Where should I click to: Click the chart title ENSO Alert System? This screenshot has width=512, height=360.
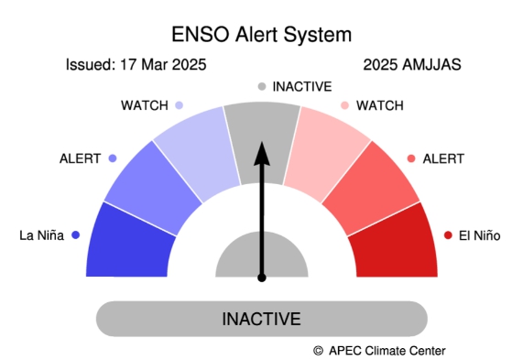click(x=261, y=35)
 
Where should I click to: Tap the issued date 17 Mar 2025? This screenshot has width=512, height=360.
click(x=136, y=65)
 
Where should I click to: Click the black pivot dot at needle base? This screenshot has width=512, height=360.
click(x=262, y=277)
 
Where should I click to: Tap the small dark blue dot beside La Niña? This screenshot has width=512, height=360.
click(x=75, y=235)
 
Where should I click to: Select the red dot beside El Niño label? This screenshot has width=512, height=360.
click(x=448, y=235)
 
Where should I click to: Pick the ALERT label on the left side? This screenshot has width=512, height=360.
click(x=81, y=158)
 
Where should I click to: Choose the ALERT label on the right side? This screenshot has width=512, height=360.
click(x=443, y=158)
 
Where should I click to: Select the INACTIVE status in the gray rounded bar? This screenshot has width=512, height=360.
click(x=262, y=319)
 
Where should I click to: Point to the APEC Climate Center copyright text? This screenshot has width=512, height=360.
click(x=379, y=350)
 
